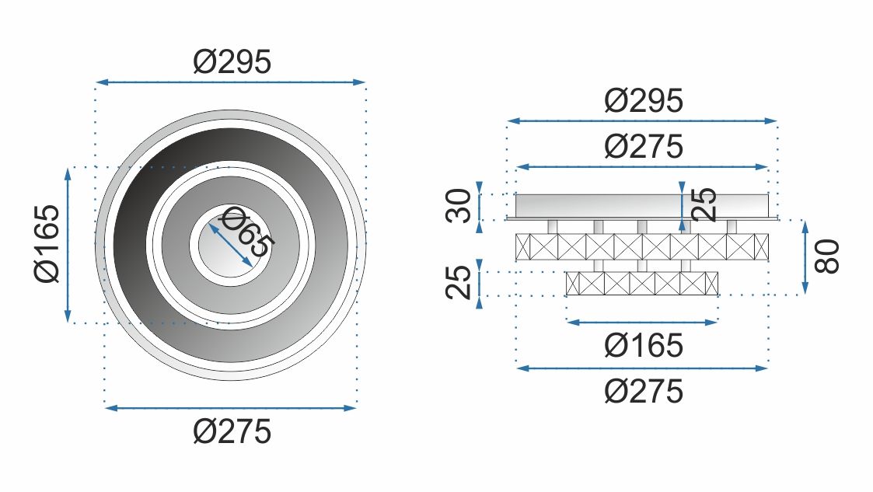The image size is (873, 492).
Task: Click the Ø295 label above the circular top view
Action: coord(232,61)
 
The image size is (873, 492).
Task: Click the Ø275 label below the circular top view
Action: coord(232,431)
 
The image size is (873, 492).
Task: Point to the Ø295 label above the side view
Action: coord(643,101)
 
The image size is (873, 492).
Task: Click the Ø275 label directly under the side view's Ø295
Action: coord(643,146)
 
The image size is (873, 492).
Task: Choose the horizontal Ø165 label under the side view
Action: coord(643,346)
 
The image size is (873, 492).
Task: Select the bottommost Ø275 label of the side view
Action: coord(643,391)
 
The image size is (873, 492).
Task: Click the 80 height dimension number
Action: coord(827,256)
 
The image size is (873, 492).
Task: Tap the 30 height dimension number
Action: coord(459,206)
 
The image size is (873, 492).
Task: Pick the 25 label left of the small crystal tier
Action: coord(459,282)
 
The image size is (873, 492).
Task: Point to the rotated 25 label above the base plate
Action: coord(704,204)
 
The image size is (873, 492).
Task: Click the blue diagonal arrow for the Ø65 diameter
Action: coord(230,245)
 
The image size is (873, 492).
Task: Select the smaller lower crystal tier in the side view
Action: coord(642,284)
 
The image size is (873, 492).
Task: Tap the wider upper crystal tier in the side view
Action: coord(642,246)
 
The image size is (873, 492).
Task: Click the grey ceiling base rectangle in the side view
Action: coord(642,205)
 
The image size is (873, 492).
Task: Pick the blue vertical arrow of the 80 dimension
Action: coord(805,256)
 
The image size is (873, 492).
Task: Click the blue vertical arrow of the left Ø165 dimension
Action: coord(68,245)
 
